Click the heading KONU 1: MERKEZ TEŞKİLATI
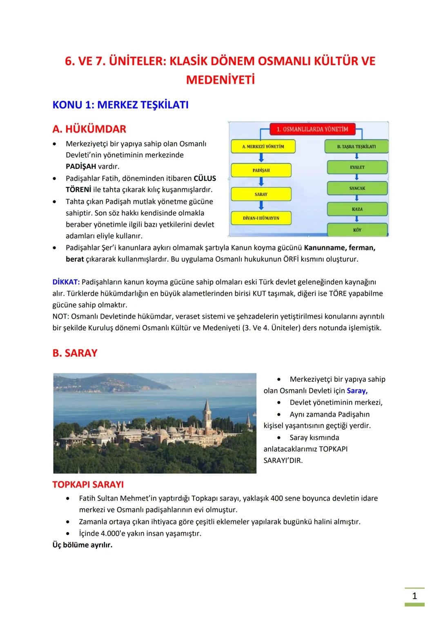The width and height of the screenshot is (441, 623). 120,105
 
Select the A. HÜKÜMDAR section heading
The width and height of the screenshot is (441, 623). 89,129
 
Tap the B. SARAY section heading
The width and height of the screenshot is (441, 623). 75,353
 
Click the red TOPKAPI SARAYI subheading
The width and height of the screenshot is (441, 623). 88,485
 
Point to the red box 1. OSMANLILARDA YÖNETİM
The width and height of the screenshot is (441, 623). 312,129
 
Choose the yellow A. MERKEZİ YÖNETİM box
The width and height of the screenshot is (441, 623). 263,146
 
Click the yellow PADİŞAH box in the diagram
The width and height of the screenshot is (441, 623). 261,170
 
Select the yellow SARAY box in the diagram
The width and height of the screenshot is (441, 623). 261,194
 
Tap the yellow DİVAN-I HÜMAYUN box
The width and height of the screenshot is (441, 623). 261,218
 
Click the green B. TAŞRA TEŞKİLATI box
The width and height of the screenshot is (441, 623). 356,146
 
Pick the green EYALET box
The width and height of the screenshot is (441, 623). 357,167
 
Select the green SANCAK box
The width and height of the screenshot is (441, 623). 357,188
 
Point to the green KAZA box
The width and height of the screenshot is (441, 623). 357,209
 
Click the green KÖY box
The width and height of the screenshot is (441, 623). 357,230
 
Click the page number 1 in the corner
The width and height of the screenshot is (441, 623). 414,596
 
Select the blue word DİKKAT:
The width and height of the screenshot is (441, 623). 66,282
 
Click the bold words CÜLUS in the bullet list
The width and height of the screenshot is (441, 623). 205,178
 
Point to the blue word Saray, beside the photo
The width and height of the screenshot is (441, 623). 357,390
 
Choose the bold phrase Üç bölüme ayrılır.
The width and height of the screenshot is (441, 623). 82,545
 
